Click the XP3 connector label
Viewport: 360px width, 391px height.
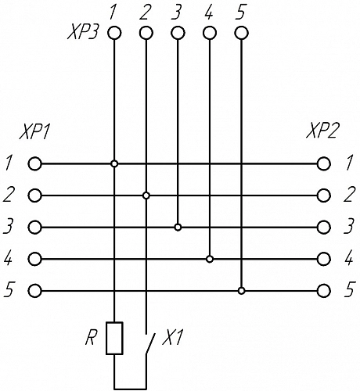coord(83,34)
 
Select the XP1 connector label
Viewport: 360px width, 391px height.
coord(34,132)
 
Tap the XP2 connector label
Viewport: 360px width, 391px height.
coord(323,131)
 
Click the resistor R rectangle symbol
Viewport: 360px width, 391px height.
coord(114,338)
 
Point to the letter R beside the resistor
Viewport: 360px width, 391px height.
coord(91,338)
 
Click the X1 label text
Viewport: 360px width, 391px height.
coord(173,338)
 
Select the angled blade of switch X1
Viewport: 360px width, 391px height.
coord(150,343)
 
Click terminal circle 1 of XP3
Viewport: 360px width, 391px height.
coord(114,34)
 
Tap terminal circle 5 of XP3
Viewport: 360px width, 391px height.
coord(241,34)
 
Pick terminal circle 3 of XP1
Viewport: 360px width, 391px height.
coord(34,228)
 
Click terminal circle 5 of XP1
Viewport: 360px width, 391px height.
coord(34,291)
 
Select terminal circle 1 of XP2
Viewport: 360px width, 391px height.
coord(324,164)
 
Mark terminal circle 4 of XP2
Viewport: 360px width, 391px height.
coord(324,259)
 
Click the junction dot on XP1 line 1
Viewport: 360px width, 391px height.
coord(114,164)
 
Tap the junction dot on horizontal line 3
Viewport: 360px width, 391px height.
coord(178,228)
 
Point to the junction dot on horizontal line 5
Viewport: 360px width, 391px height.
coord(242,291)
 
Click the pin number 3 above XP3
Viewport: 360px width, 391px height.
coord(177,13)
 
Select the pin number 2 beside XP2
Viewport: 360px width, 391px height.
coord(349,195)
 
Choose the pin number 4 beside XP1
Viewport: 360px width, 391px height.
coord(8,259)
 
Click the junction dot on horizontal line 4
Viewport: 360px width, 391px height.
coord(210,259)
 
